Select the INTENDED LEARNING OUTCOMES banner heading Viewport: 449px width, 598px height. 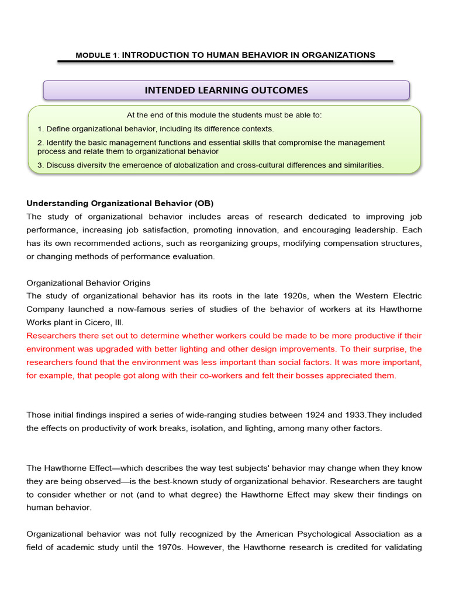pyautogui.click(x=226, y=90)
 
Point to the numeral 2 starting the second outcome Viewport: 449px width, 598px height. pyautogui.click(x=40, y=142)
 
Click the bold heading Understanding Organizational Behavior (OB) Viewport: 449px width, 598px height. pyautogui.click(x=120, y=203)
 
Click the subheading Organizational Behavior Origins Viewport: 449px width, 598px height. pyautogui.click(x=89, y=283)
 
